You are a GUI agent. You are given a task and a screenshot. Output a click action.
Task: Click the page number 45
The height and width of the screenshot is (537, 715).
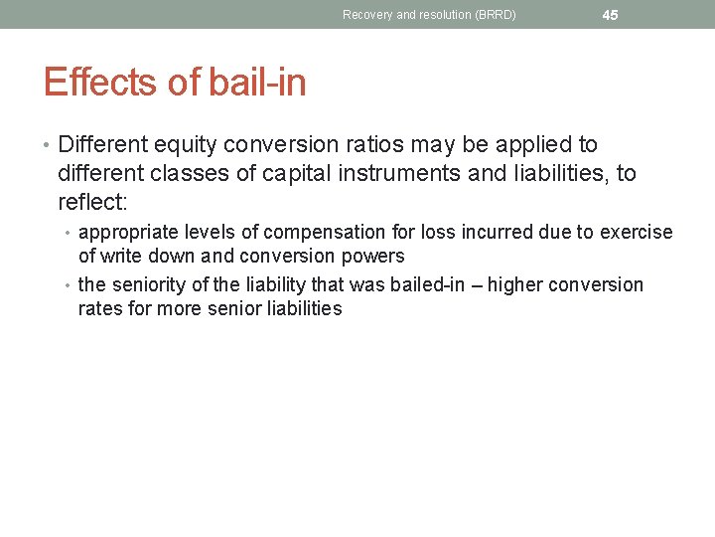click(610, 15)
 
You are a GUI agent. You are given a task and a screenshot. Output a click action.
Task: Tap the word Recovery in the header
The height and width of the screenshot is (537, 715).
click(365, 15)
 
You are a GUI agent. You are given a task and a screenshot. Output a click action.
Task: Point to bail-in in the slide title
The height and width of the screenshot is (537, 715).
click(257, 83)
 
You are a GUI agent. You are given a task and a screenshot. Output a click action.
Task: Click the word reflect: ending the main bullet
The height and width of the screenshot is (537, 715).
click(92, 203)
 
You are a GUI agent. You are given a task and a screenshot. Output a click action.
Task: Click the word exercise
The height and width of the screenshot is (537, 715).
click(636, 233)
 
